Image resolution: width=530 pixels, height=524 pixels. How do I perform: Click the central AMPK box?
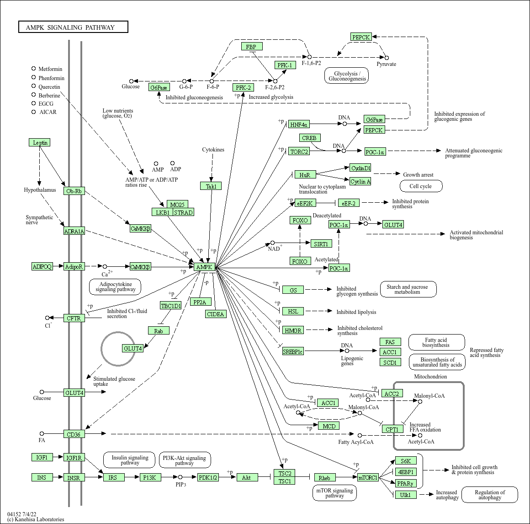click(x=204, y=267)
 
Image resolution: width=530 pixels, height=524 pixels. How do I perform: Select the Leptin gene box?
click(x=39, y=142)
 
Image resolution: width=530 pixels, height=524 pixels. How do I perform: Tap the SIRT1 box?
click(x=321, y=244)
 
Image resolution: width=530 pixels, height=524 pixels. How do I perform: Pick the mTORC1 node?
click(x=368, y=477)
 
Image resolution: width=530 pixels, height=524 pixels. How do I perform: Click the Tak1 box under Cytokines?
click(x=211, y=186)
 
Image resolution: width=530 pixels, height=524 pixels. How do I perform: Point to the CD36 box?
click(x=74, y=434)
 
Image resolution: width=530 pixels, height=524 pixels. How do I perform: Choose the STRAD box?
click(x=183, y=212)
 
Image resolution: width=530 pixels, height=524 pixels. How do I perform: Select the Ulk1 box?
click(x=405, y=495)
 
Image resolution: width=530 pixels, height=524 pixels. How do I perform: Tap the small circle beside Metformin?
click(x=33, y=69)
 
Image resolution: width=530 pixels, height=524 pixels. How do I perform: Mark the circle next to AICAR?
click(x=33, y=112)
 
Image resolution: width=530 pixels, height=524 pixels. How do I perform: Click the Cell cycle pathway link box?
click(x=421, y=186)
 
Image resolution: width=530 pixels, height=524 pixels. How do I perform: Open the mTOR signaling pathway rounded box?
click(x=334, y=493)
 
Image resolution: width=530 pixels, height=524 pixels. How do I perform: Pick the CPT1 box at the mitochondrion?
click(x=392, y=429)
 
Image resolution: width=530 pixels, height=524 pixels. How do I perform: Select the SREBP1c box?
click(x=293, y=351)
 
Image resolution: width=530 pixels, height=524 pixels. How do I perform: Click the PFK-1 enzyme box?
click(x=286, y=65)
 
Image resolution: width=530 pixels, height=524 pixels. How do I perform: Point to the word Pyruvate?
click(x=386, y=64)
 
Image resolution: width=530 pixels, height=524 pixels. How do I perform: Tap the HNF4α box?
click(x=299, y=124)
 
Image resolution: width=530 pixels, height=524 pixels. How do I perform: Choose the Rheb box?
click(x=324, y=478)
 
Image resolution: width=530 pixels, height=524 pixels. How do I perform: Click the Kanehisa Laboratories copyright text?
click(x=36, y=519)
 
